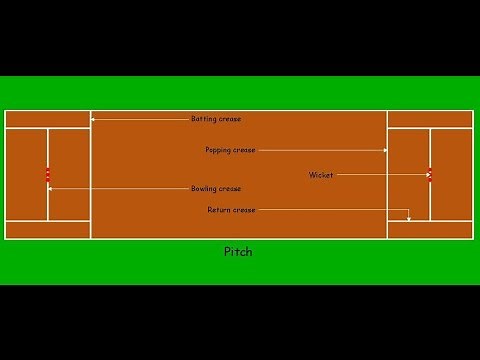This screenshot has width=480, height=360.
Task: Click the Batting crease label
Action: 216,119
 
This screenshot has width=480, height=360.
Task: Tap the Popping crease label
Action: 231,150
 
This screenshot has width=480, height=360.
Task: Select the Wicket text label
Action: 321,175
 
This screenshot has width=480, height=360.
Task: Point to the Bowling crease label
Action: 216,188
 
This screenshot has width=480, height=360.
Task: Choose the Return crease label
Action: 232,210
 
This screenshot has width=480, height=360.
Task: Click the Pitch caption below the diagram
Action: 238,252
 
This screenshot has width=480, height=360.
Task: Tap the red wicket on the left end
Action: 47,175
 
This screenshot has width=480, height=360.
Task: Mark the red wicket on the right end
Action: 430,175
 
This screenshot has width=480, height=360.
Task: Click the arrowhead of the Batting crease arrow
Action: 94,119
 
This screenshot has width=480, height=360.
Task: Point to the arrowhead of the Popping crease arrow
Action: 385,150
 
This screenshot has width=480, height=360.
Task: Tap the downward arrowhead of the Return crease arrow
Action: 409,218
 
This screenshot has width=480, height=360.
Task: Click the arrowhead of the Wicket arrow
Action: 427,175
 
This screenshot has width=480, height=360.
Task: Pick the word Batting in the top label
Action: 204,119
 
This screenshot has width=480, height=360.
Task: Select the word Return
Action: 219,210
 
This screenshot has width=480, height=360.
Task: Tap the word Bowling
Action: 204,188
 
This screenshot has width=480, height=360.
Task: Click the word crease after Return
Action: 245,210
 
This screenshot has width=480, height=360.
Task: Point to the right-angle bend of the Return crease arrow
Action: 409,210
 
